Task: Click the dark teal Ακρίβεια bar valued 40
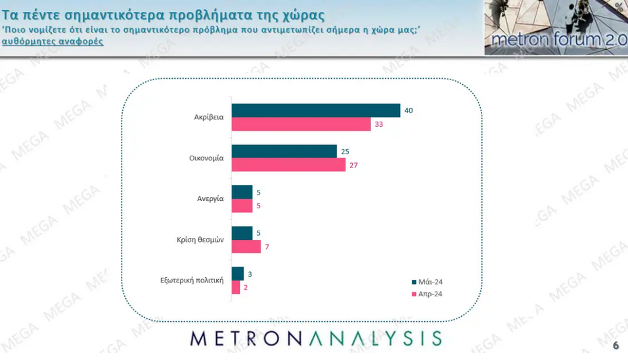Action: point(316,110)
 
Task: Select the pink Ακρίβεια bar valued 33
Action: point(302,124)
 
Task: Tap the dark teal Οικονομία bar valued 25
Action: point(284,151)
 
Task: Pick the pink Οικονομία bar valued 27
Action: point(288,165)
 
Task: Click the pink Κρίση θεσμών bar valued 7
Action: point(246,246)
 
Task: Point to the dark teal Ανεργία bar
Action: point(242,192)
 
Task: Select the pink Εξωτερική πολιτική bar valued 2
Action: point(236,287)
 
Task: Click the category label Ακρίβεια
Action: point(210,118)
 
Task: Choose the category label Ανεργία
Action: point(211,198)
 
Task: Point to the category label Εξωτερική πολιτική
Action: point(192,281)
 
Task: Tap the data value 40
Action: point(408,110)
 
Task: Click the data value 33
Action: point(378,125)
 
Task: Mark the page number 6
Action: point(616,346)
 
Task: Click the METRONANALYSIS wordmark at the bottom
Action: point(316,338)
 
